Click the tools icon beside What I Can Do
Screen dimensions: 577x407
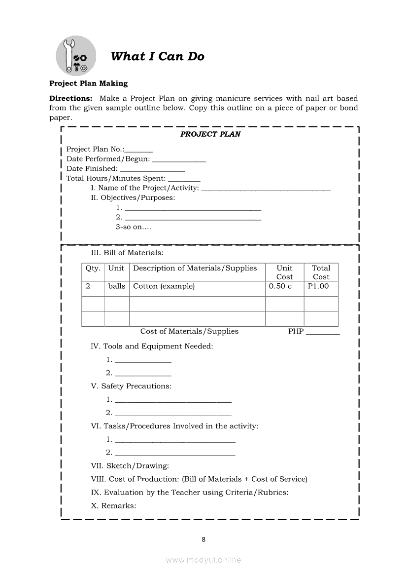tap(76, 56)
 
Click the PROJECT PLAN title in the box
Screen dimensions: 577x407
tap(210, 134)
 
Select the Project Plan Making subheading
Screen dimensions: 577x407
tap(88, 83)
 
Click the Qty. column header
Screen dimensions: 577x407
tap(93, 269)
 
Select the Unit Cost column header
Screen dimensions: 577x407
tap(284, 272)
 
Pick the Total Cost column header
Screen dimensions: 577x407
tap(321, 272)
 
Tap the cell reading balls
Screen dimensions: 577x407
tap(117, 286)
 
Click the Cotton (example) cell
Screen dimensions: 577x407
tap(164, 286)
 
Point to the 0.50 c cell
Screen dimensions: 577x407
tap(280, 286)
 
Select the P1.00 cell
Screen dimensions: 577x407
tap(318, 286)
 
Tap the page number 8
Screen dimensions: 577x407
tap(203, 539)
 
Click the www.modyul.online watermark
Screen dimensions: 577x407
tap(203, 560)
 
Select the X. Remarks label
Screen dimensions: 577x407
tap(114, 505)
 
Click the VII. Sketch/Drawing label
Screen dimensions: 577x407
tap(130, 465)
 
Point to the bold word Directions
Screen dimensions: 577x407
tap(70, 98)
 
